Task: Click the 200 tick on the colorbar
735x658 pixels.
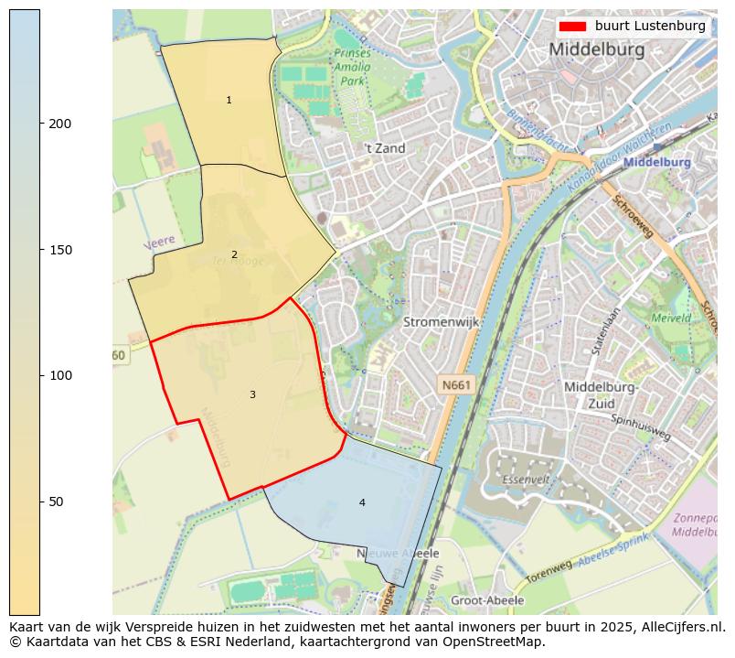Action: click(x=42, y=124)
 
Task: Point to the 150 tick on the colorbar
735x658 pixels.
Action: click(x=42, y=250)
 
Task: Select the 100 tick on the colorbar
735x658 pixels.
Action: click(x=42, y=375)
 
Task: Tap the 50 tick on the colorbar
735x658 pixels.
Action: click(x=42, y=502)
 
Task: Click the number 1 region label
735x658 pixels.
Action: click(x=229, y=100)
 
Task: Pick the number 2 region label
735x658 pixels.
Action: click(x=234, y=254)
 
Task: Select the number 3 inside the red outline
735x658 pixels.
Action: click(x=252, y=394)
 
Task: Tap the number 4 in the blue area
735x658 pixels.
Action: click(x=362, y=502)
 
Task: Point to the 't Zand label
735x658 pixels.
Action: click(x=384, y=148)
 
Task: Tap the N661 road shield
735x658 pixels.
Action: click(x=455, y=385)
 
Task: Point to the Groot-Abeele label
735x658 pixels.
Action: click(x=487, y=600)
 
